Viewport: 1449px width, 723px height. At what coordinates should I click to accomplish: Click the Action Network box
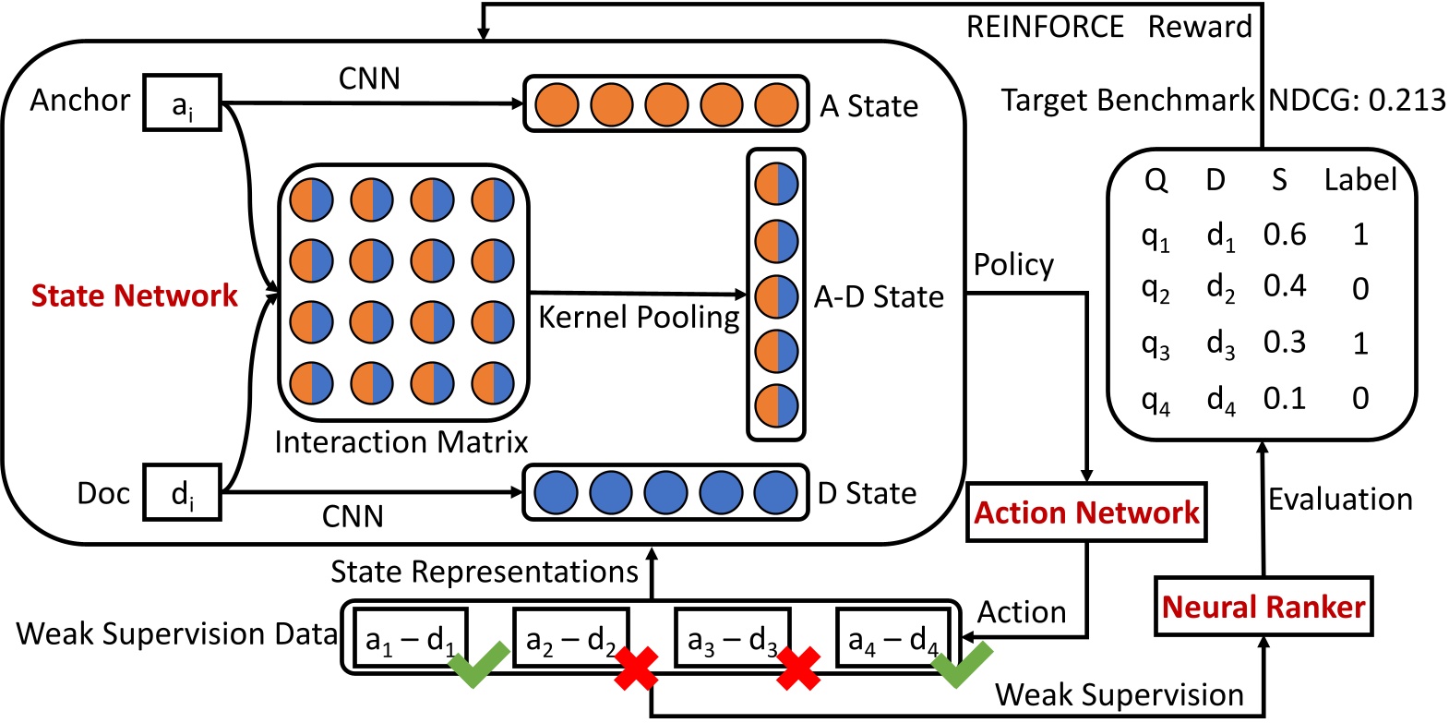pyautogui.click(x=1086, y=512)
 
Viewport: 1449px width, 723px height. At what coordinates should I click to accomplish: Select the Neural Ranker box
pyautogui.click(x=1263, y=607)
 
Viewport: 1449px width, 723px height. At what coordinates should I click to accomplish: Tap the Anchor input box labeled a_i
pyautogui.click(x=182, y=102)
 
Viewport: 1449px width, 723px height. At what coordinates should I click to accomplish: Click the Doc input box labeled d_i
pyautogui.click(x=182, y=493)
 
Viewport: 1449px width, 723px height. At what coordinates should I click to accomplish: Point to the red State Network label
pyautogui.click(x=135, y=295)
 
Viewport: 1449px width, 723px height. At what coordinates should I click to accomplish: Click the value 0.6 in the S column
pyautogui.click(x=1284, y=235)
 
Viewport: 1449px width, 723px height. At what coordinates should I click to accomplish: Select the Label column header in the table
pyautogui.click(x=1359, y=179)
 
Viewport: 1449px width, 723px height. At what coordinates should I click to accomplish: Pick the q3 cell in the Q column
pyautogui.click(x=1155, y=344)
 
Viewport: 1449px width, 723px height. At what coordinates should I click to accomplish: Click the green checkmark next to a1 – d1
pyautogui.click(x=478, y=664)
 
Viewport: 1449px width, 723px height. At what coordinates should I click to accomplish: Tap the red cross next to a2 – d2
pyautogui.click(x=636, y=669)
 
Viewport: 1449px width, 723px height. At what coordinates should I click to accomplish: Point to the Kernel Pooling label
pyautogui.click(x=639, y=317)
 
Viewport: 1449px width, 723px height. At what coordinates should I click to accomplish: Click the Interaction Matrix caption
pyautogui.click(x=401, y=442)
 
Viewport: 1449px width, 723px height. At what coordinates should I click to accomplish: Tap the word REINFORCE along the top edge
pyautogui.click(x=1045, y=27)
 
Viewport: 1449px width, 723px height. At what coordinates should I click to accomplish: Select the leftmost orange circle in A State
pyautogui.click(x=557, y=104)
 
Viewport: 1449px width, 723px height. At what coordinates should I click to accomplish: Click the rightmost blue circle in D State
pyautogui.click(x=775, y=492)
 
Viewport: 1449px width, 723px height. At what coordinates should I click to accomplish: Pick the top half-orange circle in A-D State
pyautogui.click(x=776, y=184)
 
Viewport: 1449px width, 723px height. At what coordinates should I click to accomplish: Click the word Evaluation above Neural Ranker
pyautogui.click(x=1340, y=500)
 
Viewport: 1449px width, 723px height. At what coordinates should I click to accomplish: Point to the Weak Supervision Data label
pyautogui.click(x=176, y=633)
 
